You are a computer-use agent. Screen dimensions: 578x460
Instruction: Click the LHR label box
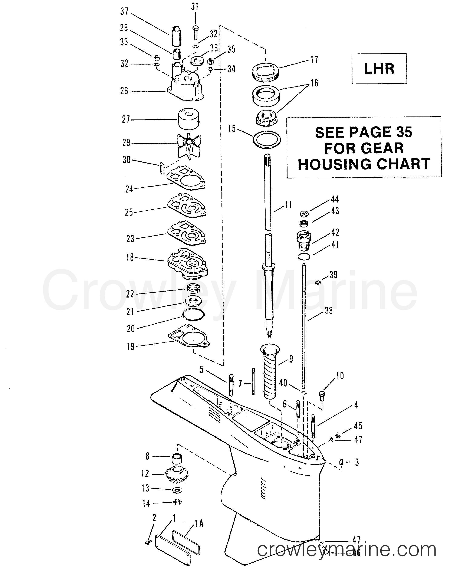379,69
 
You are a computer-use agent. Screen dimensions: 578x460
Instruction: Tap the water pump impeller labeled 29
189,146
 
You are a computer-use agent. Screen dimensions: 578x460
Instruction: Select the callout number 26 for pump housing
124,91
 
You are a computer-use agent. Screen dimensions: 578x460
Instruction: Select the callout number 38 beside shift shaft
328,311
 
